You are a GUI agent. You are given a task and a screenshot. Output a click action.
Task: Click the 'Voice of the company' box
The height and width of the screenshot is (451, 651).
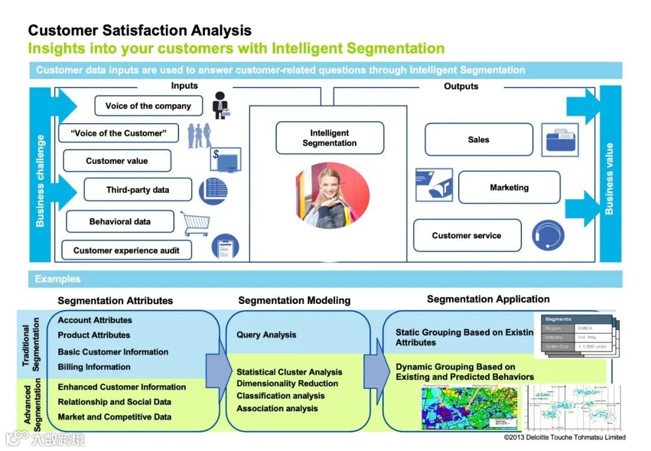pos(148,106)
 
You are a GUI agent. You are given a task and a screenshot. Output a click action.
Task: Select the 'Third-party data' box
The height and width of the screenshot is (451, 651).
pos(137,190)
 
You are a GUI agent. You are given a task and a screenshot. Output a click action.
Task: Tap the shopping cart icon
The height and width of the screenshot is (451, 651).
pos(195,223)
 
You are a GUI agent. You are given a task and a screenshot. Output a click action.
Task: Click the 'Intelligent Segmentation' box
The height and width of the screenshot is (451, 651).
pos(329,138)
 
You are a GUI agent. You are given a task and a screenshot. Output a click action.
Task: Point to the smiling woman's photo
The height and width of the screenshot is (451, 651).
pos(332,196)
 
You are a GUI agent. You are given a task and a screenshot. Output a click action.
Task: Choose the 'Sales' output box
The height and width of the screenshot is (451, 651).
pos(479,140)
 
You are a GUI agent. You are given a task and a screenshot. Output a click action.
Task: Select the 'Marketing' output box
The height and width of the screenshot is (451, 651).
pos(509,188)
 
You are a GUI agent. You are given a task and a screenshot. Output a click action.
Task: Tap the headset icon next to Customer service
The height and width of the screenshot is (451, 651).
pos(548,236)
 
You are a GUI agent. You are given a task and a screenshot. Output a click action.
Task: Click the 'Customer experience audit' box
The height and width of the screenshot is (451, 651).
pos(126,250)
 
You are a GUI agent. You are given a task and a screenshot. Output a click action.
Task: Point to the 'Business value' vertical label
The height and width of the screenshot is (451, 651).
pos(609,179)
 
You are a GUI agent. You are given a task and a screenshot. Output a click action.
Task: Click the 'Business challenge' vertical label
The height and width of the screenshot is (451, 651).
pos(40,181)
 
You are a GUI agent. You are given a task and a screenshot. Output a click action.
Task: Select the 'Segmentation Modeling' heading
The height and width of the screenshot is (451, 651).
pos(294,300)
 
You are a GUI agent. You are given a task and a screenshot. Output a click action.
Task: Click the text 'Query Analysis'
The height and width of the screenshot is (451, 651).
pos(266,335)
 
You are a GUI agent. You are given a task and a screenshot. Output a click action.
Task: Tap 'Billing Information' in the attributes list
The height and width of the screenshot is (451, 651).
pos(94,367)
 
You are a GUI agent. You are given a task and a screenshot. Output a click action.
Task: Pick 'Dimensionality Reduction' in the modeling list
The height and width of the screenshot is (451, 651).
pos(287,383)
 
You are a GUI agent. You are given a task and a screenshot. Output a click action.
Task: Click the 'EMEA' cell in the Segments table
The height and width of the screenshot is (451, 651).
pos(585,329)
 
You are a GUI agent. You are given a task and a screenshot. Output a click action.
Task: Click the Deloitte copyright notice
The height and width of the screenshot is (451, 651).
pos(564,437)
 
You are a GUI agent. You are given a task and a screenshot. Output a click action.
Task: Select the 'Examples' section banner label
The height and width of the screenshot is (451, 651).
pos(57,279)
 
